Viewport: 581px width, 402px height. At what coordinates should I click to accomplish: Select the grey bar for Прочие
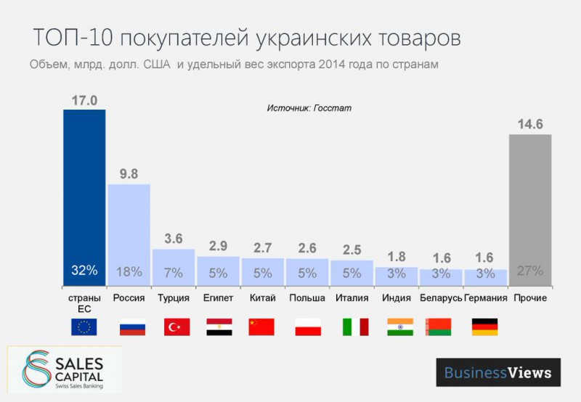click(x=530, y=210)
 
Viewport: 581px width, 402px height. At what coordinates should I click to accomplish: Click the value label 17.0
click(x=84, y=99)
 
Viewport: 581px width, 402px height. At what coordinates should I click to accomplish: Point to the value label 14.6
click(x=530, y=124)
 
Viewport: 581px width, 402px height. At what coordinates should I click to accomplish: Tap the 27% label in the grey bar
click(x=530, y=271)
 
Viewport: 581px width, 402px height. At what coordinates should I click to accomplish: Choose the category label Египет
click(x=218, y=298)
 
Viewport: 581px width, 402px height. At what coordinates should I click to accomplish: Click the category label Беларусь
click(x=441, y=298)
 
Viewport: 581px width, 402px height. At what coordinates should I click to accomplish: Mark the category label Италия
click(x=352, y=298)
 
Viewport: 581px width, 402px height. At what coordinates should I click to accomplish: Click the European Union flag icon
click(x=85, y=327)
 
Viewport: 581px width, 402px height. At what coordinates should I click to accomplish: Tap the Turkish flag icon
click(x=176, y=327)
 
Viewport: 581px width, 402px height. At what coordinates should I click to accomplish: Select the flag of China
click(x=261, y=327)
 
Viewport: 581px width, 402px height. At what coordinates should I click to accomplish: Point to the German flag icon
click(x=484, y=327)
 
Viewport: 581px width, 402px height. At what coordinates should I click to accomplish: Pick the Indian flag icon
click(x=399, y=327)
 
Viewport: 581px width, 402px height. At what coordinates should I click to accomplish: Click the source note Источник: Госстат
click(x=309, y=107)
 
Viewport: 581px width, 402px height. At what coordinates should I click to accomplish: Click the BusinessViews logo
click(x=497, y=372)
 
